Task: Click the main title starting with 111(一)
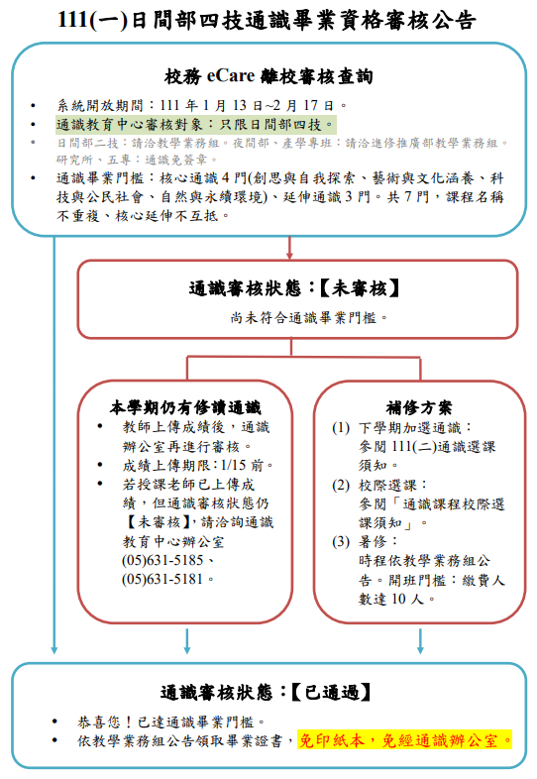[x=268, y=20]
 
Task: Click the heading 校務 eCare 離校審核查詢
[x=268, y=76]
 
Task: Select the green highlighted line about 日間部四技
[x=195, y=124]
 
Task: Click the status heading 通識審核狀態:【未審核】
[x=295, y=289]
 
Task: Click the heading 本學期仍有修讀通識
[x=184, y=406]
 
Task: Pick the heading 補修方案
[x=419, y=406]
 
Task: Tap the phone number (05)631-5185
[x=165, y=561]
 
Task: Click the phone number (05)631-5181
[x=165, y=579]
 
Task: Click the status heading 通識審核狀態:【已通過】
[x=268, y=692]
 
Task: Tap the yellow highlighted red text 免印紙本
[x=335, y=739]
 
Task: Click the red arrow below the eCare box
[x=289, y=246]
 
